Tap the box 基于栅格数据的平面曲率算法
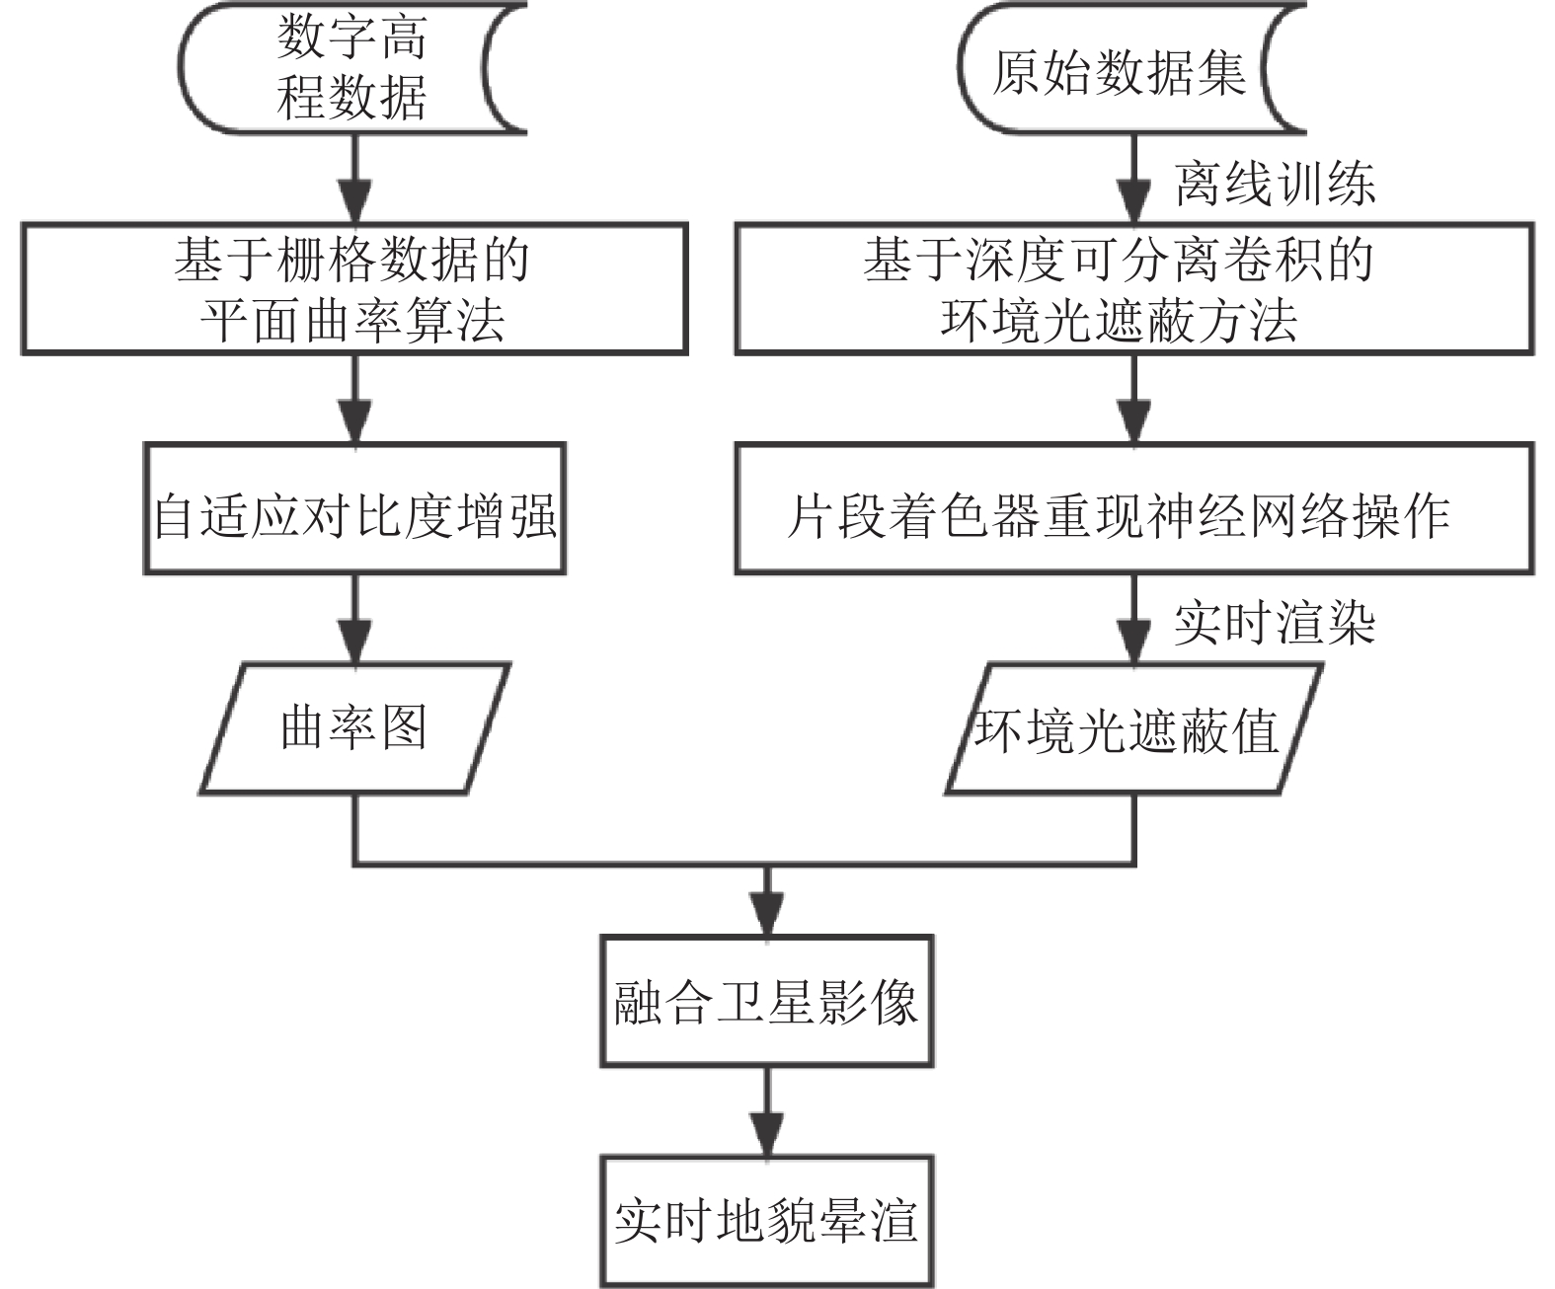pos(354,288)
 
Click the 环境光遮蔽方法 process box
pos(1134,288)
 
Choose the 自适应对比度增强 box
pos(354,508)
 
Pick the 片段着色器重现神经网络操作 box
pos(1134,508)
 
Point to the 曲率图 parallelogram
pos(354,728)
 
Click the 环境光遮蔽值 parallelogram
pos(1134,728)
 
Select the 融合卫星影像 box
pos(767,1001)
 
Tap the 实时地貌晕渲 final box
pos(767,1221)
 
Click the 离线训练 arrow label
pos(1275,184)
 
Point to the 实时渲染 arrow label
pos(1275,623)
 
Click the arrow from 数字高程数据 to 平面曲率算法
pos(354,179)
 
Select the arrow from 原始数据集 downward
pos(1134,179)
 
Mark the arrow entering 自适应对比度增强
pos(354,399)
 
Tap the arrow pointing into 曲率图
pos(354,619)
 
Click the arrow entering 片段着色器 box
pos(1134,399)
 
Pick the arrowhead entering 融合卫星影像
pos(767,912)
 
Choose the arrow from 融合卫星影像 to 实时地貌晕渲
pos(767,1111)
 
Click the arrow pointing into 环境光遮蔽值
pos(1134,619)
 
